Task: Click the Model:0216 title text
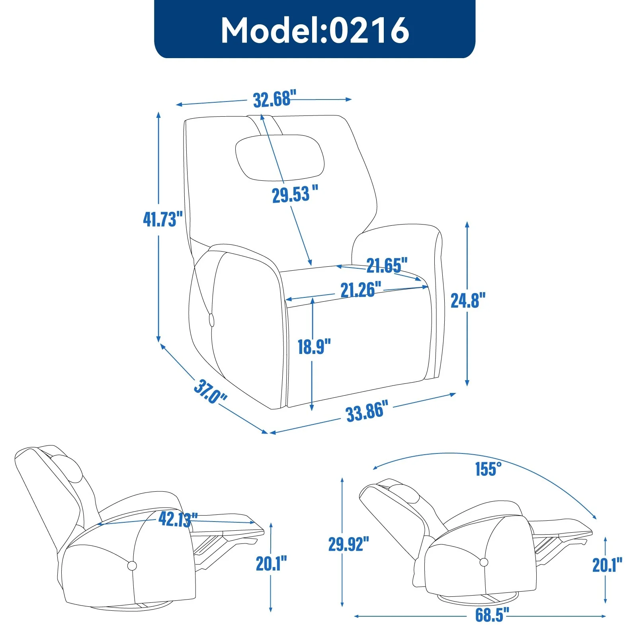[x=315, y=30]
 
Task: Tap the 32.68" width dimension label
[x=275, y=99]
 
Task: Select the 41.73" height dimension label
[x=162, y=219]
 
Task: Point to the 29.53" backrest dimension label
[x=295, y=194]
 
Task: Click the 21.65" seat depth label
[x=387, y=265]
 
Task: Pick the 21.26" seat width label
[x=360, y=289]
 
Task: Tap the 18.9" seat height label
[x=314, y=346]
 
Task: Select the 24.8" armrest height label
[x=468, y=300]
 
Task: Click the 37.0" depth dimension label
[x=210, y=392]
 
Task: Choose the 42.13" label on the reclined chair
[x=178, y=519]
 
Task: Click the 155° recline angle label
[x=488, y=469]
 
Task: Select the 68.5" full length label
[x=492, y=615]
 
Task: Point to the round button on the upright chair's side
[x=211, y=320]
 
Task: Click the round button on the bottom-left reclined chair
[x=132, y=565]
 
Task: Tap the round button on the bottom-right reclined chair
[x=484, y=562]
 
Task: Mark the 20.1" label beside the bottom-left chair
[x=271, y=563]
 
